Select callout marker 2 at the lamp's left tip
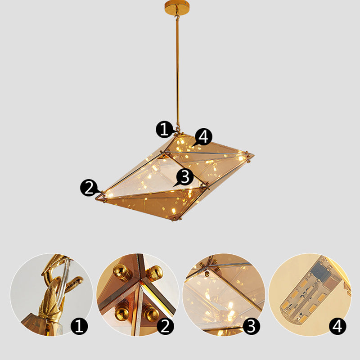coord(89,187)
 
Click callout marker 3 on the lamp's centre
coord(185,177)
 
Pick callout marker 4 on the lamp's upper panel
coord(203,136)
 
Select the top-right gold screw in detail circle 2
coord(155,272)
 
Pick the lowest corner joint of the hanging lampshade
coord(175,219)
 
